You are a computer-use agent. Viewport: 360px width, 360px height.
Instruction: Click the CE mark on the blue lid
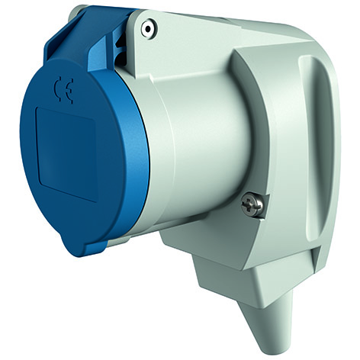point(63,92)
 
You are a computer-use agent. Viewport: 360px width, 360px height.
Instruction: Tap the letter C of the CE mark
point(57,92)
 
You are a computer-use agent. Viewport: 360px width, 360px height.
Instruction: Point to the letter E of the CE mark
point(67,94)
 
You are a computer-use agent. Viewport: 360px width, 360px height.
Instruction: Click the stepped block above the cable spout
point(229,267)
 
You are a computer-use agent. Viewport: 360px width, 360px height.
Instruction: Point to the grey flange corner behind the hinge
point(76,14)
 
